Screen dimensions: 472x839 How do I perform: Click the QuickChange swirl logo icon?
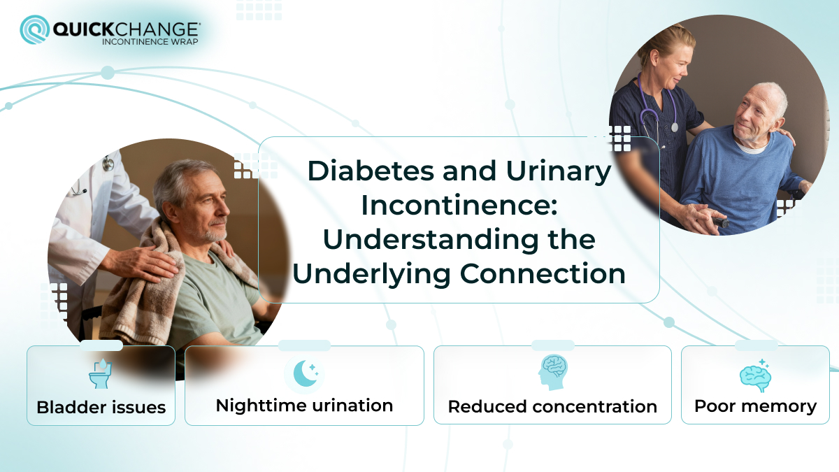click(35, 31)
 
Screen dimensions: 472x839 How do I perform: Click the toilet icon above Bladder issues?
click(101, 374)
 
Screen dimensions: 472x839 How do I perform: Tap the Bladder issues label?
click(101, 407)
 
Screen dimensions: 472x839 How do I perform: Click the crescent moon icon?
click(304, 373)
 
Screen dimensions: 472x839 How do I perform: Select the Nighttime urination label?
click(304, 406)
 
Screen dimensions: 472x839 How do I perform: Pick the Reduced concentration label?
click(552, 406)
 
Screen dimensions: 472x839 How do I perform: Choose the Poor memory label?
click(755, 406)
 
